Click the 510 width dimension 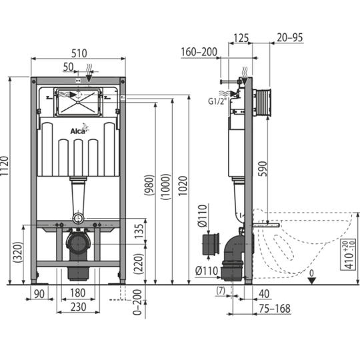[79, 53]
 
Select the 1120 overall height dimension [4, 166]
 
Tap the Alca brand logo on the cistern [79, 129]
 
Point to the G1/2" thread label [217, 101]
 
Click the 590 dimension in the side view [263, 169]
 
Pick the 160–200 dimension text [199, 52]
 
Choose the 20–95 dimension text [290, 37]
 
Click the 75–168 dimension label [275, 309]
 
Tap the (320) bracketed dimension [18, 252]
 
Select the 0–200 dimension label [138, 302]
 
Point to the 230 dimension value [78, 307]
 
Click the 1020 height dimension [183, 186]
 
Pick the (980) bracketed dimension [149, 185]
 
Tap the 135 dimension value [139, 231]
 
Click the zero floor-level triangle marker [311, 281]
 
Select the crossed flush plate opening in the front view [78, 103]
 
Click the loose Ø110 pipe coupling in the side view [211, 244]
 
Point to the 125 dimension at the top [241, 38]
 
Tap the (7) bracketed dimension [221, 291]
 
